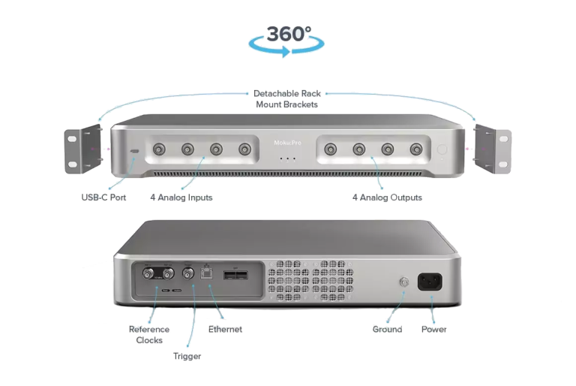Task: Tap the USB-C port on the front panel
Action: coord(135,151)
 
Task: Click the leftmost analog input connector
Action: coord(159,149)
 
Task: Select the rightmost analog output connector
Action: coord(416,149)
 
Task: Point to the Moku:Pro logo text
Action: coord(288,143)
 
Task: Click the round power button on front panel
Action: coord(442,149)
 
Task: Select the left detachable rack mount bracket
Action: coord(83,149)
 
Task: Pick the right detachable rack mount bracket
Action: coord(493,149)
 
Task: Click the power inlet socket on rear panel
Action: coord(430,282)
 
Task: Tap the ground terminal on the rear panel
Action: coord(403,282)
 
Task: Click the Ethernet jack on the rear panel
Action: coord(206,273)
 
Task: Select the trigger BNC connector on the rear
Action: coord(188,273)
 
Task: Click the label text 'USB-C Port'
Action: coord(103,198)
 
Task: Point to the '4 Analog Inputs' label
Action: coord(181,198)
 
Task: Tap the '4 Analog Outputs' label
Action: coord(387,198)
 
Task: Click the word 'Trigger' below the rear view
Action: coord(187,356)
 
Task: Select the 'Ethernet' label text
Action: coord(225,330)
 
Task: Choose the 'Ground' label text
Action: coord(387,330)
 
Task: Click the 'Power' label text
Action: coord(433,330)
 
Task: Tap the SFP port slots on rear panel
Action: coord(235,275)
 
